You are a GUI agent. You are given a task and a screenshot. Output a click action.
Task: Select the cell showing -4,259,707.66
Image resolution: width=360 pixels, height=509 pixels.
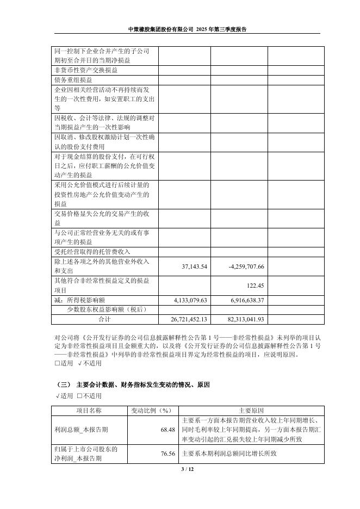tap(245, 266)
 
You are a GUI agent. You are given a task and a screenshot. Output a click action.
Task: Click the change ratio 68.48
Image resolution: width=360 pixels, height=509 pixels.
tap(167, 430)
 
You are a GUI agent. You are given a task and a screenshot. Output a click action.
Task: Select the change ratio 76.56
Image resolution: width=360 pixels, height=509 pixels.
tap(167, 453)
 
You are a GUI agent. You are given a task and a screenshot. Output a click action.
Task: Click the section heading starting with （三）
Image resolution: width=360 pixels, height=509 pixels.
tap(133, 384)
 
